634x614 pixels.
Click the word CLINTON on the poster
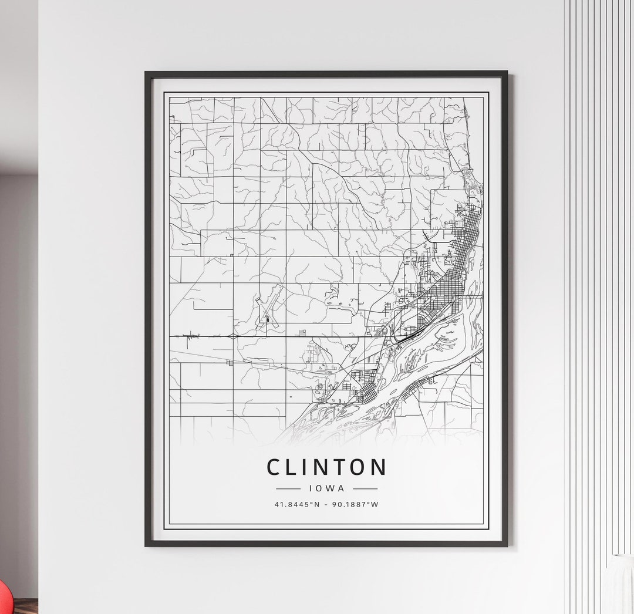pos(326,467)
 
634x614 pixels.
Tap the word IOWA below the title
pos(326,488)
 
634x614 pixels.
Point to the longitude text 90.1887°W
pos(355,504)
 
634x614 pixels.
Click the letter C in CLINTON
pos(274,467)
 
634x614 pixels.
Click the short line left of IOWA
pos(288,488)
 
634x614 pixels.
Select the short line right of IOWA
pos(365,488)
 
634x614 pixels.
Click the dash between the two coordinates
pos(326,504)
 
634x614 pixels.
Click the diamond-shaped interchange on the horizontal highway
pos(233,336)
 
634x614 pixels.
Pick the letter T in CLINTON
pos(337,467)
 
